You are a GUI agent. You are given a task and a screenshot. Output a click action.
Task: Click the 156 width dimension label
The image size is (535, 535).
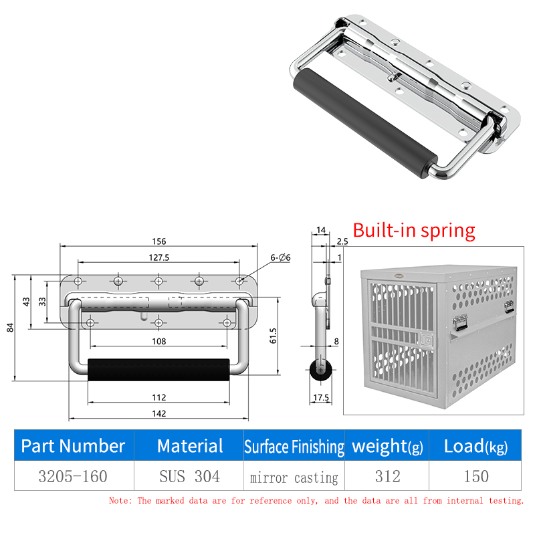(x=159, y=241)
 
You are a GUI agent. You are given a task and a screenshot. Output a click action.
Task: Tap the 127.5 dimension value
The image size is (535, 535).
(x=159, y=257)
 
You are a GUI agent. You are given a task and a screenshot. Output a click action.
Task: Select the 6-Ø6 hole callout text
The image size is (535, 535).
(x=280, y=257)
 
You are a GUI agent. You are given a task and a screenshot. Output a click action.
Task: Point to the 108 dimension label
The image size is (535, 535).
(x=159, y=341)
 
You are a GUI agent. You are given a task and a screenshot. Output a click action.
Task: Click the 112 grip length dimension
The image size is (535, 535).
(x=159, y=397)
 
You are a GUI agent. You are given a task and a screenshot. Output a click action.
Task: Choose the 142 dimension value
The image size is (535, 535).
(x=159, y=413)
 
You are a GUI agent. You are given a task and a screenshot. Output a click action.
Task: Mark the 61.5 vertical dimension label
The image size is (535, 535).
(x=273, y=336)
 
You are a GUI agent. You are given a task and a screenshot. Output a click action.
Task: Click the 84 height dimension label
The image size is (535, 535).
(x=11, y=328)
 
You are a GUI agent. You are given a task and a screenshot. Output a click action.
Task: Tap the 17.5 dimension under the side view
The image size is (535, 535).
(x=321, y=397)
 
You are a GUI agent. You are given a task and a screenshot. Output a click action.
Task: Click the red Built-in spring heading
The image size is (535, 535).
(x=414, y=231)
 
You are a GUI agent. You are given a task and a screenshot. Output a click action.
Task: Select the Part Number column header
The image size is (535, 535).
(x=73, y=445)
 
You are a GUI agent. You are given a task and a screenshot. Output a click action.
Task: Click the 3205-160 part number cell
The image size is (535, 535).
(x=73, y=476)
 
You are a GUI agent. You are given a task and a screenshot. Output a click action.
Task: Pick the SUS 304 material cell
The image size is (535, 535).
(x=190, y=476)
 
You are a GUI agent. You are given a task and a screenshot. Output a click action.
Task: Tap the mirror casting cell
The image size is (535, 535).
(x=294, y=477)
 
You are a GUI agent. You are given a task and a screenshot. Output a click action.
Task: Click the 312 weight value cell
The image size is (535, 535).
(x=388, y=476)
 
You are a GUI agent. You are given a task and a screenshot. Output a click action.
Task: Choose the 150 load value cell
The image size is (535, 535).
(x=476, y=476)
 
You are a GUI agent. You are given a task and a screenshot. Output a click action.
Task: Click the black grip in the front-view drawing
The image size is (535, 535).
(x=158, y=370)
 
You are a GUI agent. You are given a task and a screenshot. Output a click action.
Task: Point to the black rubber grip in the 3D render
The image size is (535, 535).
(x=365, y=123)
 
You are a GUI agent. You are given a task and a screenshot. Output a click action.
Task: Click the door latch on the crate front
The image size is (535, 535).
(x=427, y=340)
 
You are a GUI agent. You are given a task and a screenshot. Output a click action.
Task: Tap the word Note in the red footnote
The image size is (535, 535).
(x=119, y=500)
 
